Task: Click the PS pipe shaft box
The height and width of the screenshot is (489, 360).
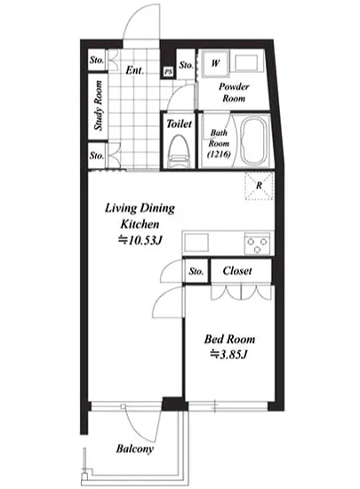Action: click(168, 72)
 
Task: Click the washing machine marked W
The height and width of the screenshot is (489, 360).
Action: click(215, 64)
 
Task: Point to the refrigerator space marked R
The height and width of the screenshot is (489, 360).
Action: click(259, 186)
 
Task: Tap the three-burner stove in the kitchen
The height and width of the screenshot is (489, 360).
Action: click(258, 244)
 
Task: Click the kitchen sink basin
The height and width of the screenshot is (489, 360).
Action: click(196, 243)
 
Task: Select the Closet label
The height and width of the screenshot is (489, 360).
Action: click(237, 270)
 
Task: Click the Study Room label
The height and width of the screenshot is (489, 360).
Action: click(98, 106)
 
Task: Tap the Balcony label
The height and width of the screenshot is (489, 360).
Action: click(134, 449)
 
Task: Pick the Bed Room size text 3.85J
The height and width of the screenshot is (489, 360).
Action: click(229, 355)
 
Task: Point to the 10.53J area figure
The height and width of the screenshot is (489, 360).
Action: click(140, 240)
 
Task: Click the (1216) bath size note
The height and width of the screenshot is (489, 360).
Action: click(219, 154)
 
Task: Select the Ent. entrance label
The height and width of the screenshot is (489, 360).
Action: click(134, 70)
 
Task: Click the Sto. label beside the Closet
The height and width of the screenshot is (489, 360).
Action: click(196, 271)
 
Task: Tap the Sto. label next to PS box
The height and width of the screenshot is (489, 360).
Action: click(186, 65)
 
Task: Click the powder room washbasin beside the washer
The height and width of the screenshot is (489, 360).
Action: click(247, 64)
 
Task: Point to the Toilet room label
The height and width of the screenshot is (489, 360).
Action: click(179, 124)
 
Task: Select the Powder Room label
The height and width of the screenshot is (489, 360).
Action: click(234, 92)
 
